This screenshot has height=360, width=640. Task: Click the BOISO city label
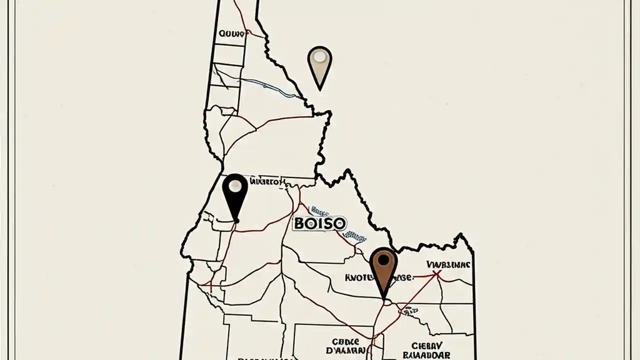(319, 223)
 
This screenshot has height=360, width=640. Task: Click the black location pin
(234, 195)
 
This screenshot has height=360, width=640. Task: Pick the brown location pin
(383, 270)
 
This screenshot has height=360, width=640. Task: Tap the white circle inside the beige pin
(319, 57)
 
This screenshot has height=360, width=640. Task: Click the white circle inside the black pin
(234, 186)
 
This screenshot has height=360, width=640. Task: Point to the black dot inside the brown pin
(383, 259)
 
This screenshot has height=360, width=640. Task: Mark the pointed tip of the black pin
(235, 220)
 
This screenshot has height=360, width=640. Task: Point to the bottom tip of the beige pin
(319, 89)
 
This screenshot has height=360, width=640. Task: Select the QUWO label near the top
(232, 34)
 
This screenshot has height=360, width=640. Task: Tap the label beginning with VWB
(448, 264)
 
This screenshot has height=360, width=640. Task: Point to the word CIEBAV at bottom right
(427, 345)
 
